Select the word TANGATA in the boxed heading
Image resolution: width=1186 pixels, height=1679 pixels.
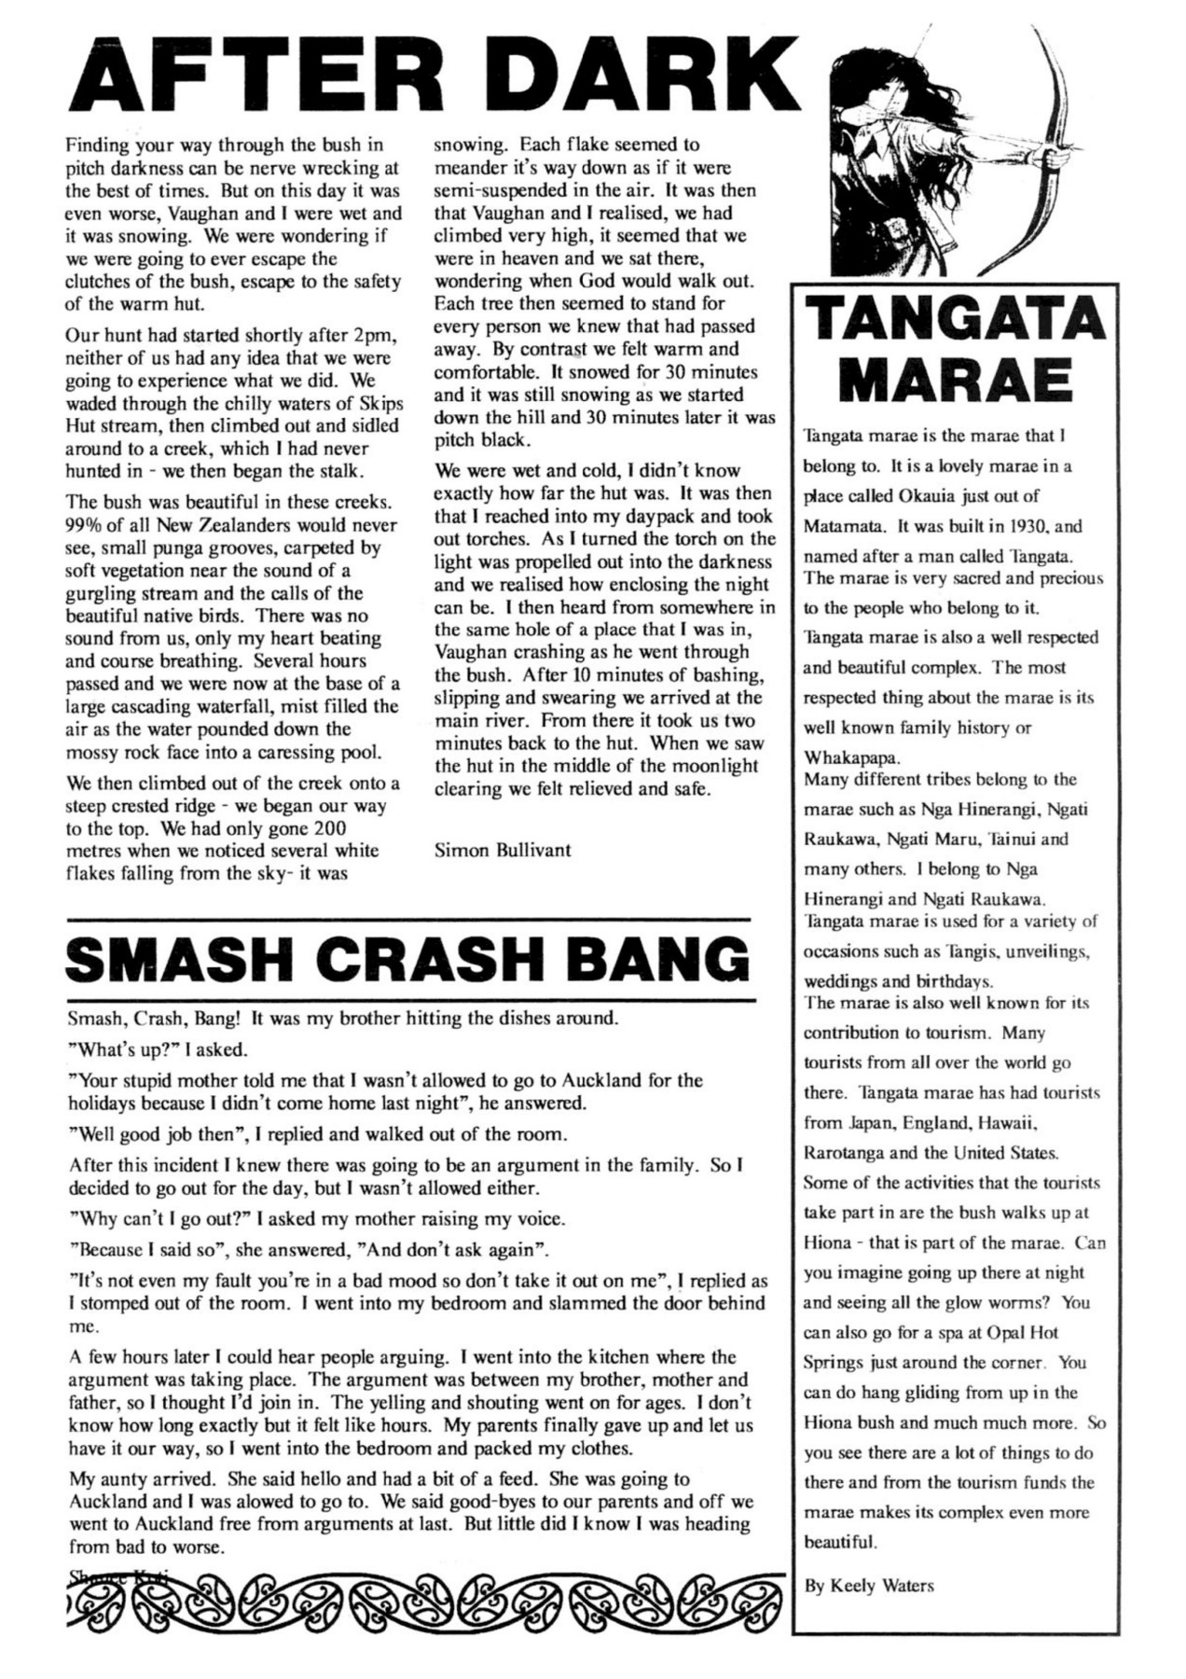(957, 318)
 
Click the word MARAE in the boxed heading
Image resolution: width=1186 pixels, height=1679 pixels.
(957, 381)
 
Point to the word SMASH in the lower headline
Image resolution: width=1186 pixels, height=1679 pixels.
(181, 959)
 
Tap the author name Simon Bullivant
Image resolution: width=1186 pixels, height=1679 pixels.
(503, 850)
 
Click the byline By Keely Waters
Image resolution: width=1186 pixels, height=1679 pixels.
(868, 1585)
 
